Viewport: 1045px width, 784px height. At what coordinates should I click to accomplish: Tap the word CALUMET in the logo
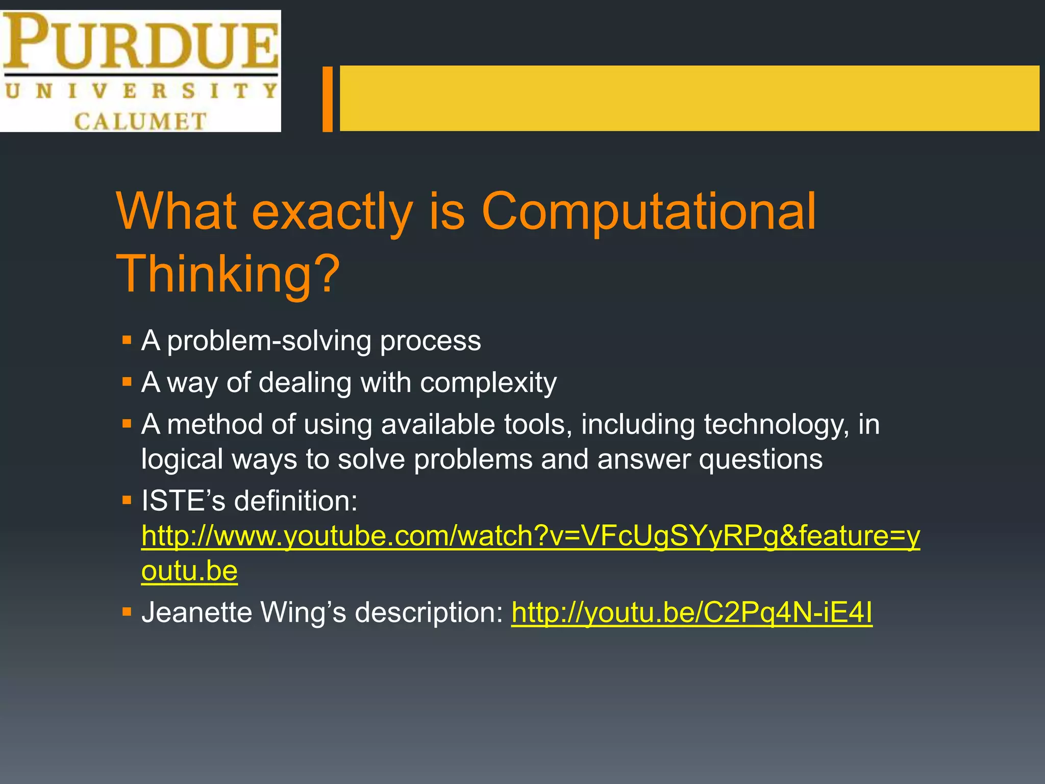(140, 121)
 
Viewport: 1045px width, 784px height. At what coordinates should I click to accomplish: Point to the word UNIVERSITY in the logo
(141, 91)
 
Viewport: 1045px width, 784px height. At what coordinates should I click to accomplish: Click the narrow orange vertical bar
(328, 99)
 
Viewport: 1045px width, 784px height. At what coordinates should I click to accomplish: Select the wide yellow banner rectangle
(689, 98)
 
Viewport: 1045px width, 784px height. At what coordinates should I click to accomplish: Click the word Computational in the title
(648, 211)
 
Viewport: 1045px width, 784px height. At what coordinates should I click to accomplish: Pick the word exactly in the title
(332, 211)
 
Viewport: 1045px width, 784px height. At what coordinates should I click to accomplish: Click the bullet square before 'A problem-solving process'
(127, 340)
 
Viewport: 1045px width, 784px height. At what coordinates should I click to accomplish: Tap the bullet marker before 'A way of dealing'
(127, 381)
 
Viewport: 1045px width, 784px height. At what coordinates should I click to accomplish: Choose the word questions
(760, 459)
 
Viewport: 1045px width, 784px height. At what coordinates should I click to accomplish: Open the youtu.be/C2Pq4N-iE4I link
(692, 612)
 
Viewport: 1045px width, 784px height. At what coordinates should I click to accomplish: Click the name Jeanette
(196, 612)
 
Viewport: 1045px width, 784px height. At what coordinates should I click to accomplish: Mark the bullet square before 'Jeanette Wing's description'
(127, 611)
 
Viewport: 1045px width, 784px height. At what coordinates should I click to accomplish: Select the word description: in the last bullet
(429, 612)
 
